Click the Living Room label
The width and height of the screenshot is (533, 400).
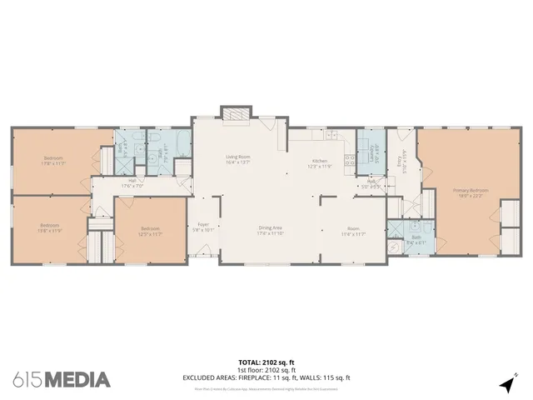pos(239,159)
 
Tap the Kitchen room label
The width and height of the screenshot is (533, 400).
pos(321,163)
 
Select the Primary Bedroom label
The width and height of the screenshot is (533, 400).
pos(471,192)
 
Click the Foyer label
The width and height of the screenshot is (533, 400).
pos(203,226)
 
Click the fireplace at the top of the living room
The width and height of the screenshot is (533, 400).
pos(234,112)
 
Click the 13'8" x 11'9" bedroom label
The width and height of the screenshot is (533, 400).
pos(49,227)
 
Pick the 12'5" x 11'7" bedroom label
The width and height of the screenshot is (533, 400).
pos(150,231)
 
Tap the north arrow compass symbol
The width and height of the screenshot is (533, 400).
pos(506,384)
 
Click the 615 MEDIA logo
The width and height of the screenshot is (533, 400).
pos(62,379)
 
